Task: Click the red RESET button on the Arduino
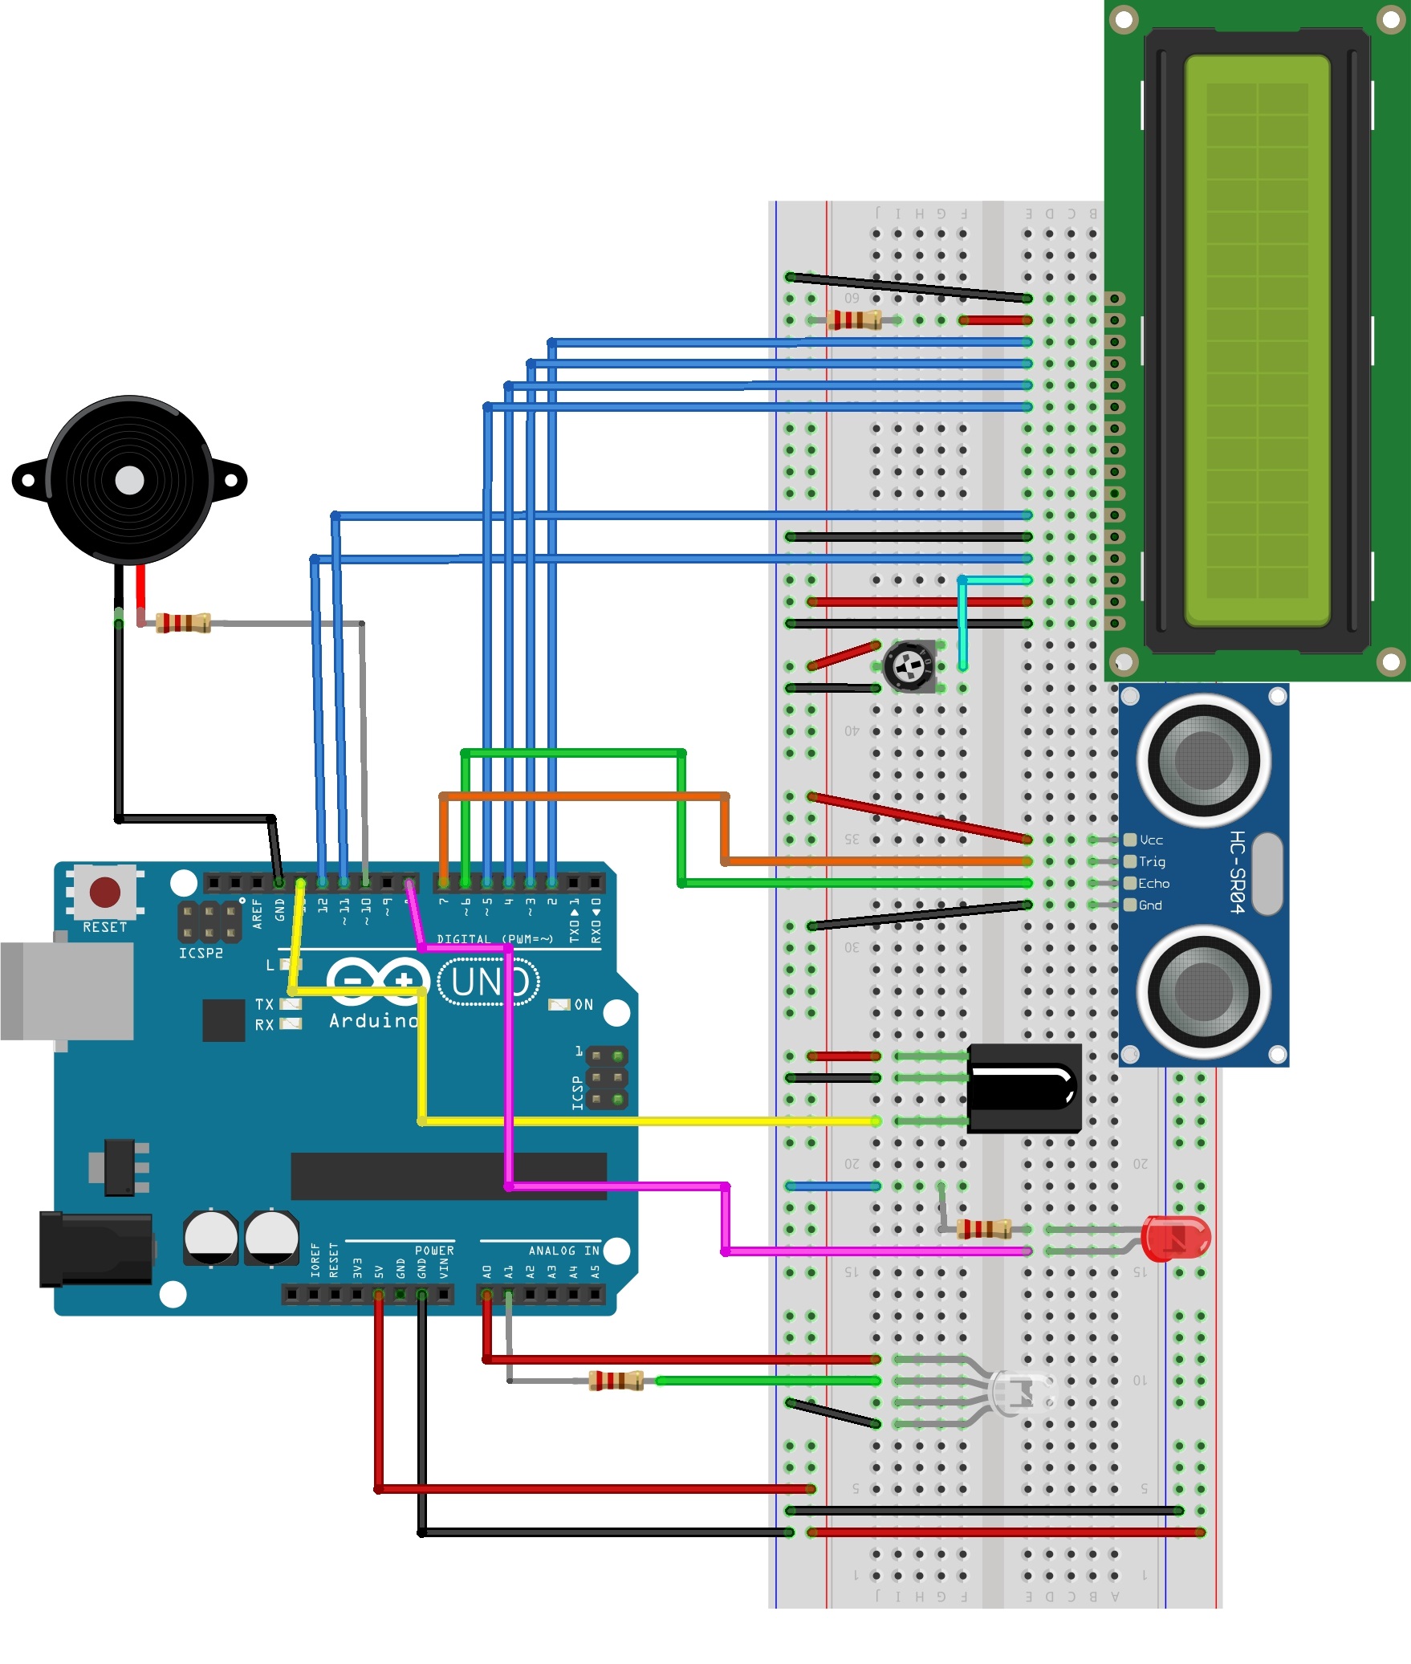coord(105,891)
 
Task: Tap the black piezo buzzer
coord(130,480)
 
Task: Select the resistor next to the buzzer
coord(183,622)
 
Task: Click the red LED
coord(1175,1239)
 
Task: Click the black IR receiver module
coord(1024,1088)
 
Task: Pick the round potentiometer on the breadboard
coord(909,665)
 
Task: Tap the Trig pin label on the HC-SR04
coord(1152,861)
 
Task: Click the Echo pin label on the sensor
coord(1153,883)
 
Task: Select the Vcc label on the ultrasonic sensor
coord(1151,840)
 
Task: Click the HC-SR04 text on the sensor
coord(1238,872)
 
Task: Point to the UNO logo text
coord(489,981)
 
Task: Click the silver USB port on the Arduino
coord(67,991)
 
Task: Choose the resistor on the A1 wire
coord(616,1381)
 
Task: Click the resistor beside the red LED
coord(984,1229)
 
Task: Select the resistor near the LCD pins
coord(854,320)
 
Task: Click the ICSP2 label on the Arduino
coord(201,953)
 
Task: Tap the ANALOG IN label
coord(563,1251)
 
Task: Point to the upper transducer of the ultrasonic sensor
coord(1203,759)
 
